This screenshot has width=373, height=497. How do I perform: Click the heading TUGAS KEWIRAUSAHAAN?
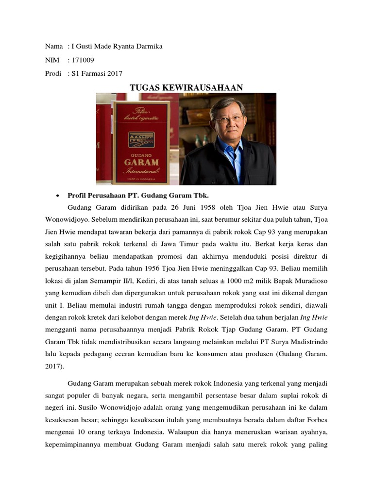(186, 87)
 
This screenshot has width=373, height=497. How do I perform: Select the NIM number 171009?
(83, 60)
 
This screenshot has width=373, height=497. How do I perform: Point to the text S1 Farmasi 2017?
(97, 73)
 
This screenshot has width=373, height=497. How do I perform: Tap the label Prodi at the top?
(53, 73)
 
